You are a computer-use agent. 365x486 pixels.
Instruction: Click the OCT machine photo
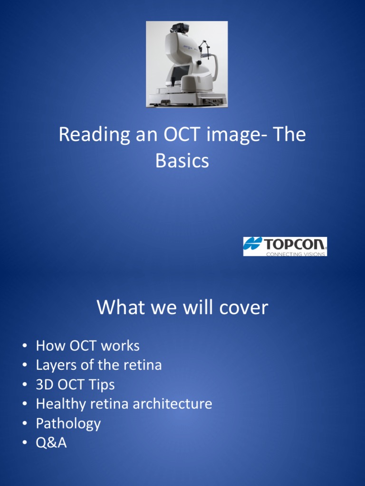click(x=187, y=64)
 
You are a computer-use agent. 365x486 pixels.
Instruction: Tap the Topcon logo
click(x=285, y=246)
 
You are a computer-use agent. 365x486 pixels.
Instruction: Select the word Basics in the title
click(x=182, y=161)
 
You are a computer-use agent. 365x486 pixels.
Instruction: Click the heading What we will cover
click(x=182, y=308)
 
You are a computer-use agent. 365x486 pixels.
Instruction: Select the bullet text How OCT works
click(x=87, y=346)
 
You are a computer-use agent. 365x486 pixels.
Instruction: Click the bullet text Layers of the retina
click(x=99, y=365)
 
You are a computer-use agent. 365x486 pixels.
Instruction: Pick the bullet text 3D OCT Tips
click(x=75, y=384)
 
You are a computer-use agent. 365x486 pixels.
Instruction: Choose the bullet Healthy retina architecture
click(x=124, y=404)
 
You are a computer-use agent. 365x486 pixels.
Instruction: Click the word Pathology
click(x=68, y=423)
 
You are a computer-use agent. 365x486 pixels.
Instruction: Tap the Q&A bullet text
click(x=51, y=443)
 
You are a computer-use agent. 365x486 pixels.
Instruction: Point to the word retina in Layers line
click(x=143, y=365)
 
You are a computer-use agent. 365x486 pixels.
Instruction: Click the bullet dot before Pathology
click(x=24, y=424)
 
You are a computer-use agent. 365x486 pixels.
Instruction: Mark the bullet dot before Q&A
click(x=24, y=443)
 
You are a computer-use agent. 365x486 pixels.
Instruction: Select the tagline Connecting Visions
click(x=296, y=254)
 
